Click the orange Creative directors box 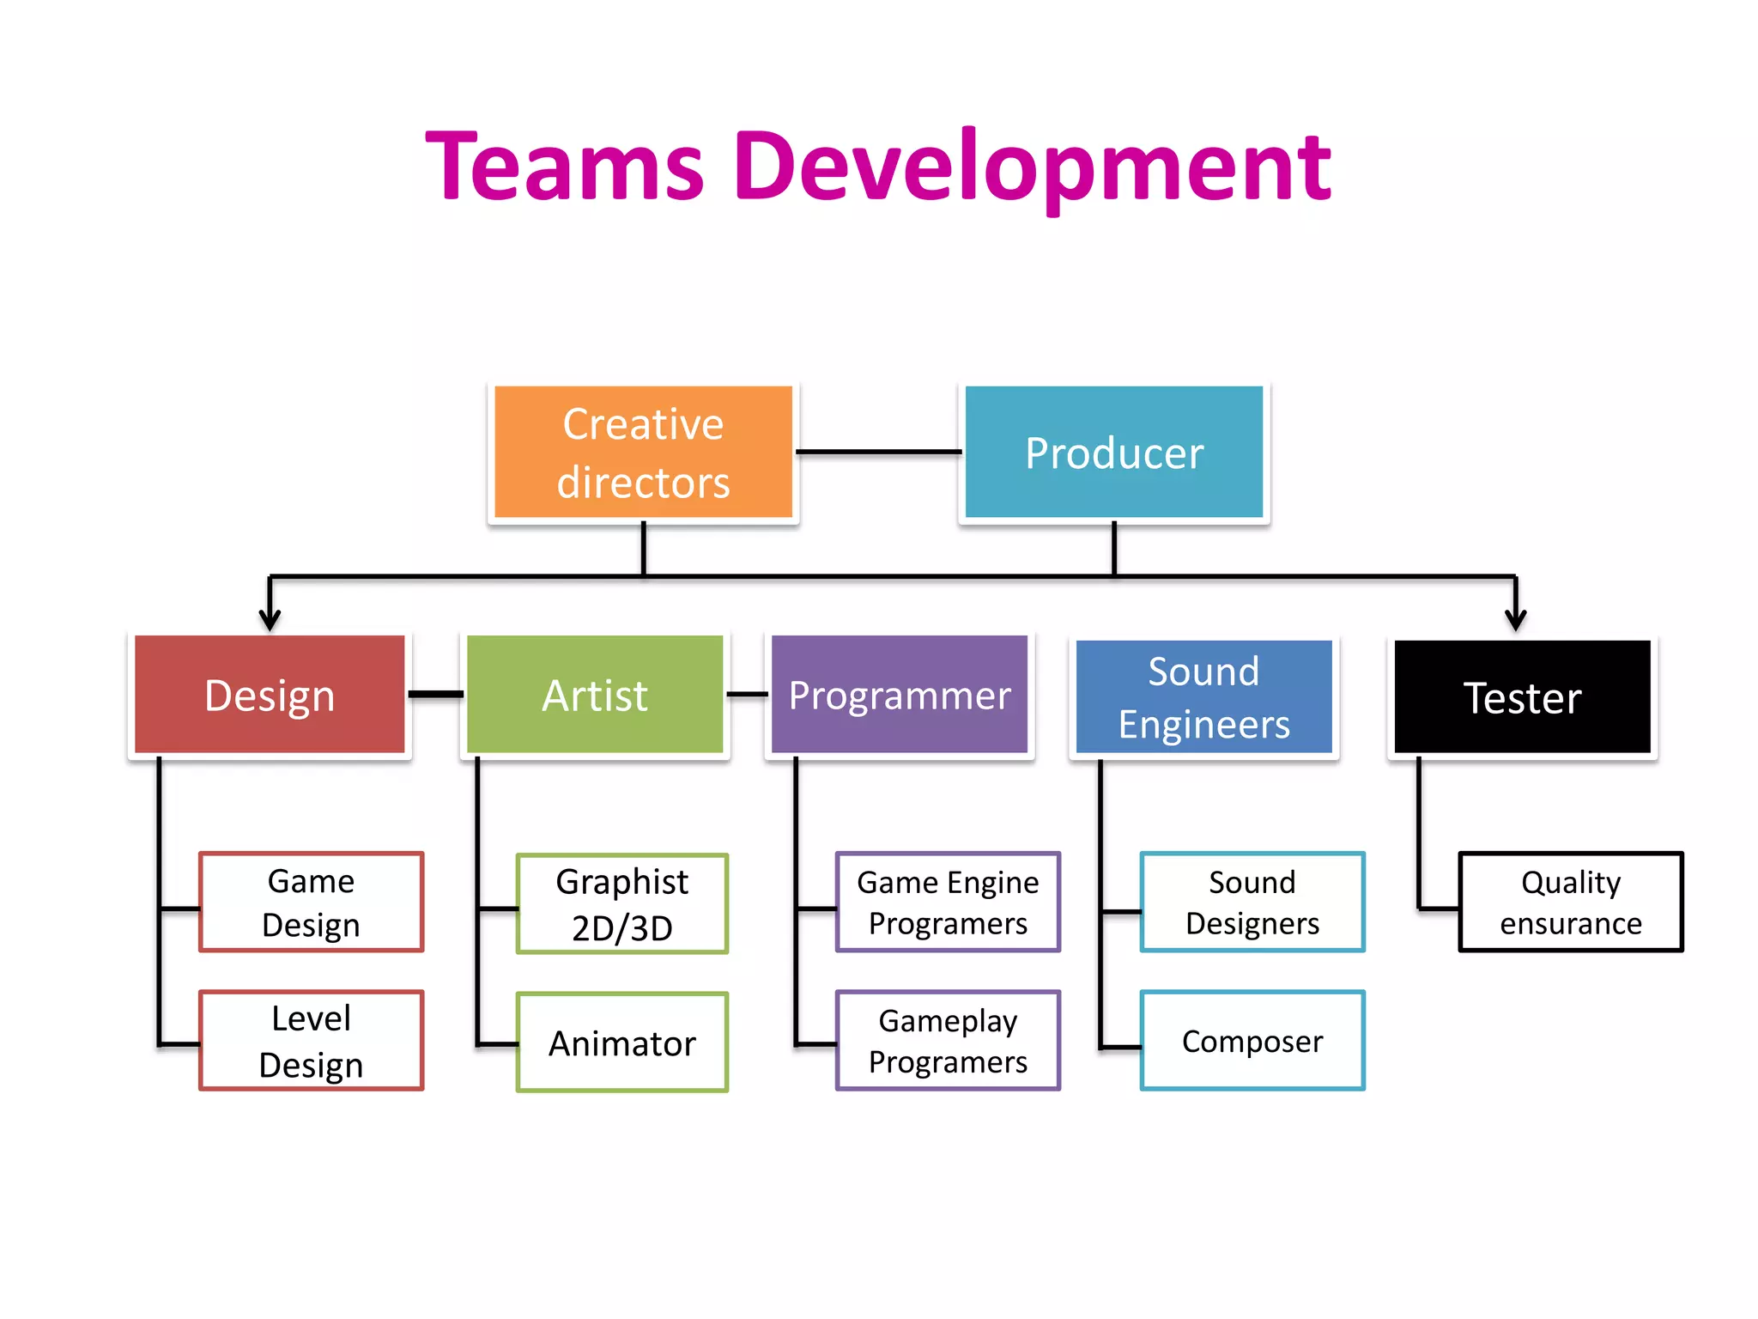[x=643, y=453]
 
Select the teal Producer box [x=1113, y=453]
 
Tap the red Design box [x=270, y=695]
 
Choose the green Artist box [x=595, y=695]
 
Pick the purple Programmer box [x=899, y=695]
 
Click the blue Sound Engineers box [x=1203, y=697]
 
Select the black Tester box [x=1522, y=697]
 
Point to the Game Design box [x=311, y=902]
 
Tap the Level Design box [x=311, y=1041]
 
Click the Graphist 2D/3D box [x=622, y=903]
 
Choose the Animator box [x=622, y=1042]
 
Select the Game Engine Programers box [x=948, y=902]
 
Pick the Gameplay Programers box [x=948, y=1041]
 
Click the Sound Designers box [x=1252, y=902]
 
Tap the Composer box [x=1252, y=1041]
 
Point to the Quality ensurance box [x=1571, y=902]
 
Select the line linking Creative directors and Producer [x=878, y=452]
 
